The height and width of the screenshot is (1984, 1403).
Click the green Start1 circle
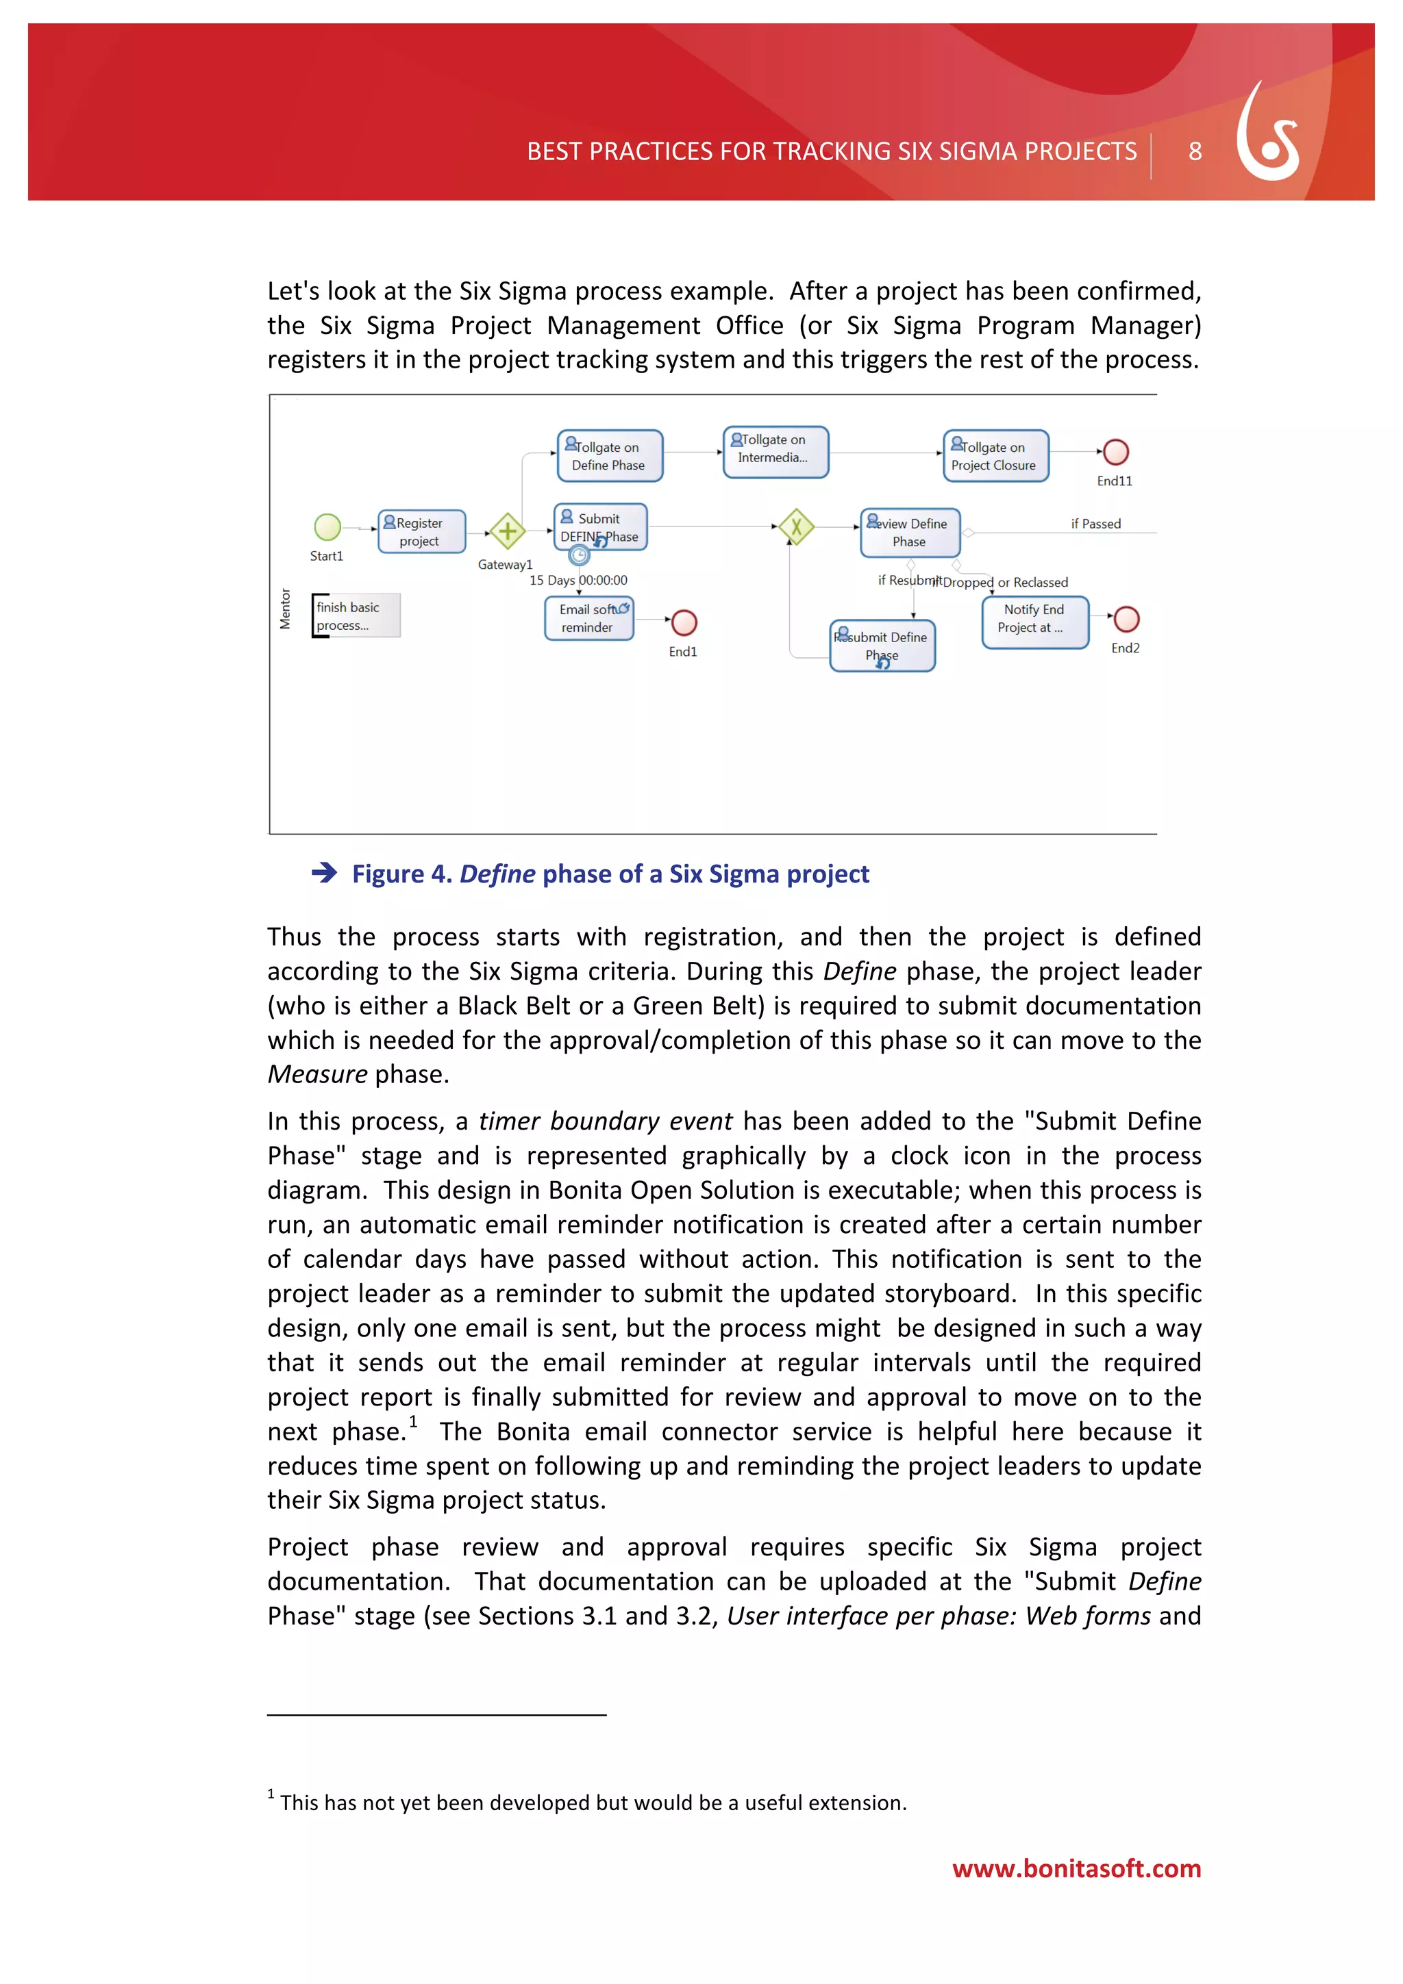(x=327, y=526)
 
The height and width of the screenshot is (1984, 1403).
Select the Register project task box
(x=421, y=531)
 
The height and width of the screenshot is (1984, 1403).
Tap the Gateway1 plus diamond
(x=508, y=531)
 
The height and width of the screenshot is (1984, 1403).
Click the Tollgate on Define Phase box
(x=610, y=456)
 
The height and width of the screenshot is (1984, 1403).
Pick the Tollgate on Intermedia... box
(x=775, y=451)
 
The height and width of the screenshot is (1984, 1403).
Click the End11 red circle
(x=1115, y=451)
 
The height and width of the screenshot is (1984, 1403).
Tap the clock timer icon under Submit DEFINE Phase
(x=579, y=556)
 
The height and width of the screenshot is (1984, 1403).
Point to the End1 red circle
(x=684, y=622)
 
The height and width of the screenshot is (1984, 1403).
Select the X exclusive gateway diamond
(x=796, y=526)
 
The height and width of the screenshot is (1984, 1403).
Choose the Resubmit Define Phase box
(x=882, y=646)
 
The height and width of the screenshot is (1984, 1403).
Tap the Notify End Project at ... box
(x=1034, y=622)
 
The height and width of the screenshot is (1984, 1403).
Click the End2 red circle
(x=1126, y=620)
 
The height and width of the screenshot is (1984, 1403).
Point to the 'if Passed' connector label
(x=1095, y=524)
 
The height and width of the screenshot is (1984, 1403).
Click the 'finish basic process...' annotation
(x=356, y=616)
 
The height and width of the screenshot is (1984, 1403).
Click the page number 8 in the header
(x=1195, y=152)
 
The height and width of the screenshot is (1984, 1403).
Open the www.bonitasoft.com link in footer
(x=1076, y=1868)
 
